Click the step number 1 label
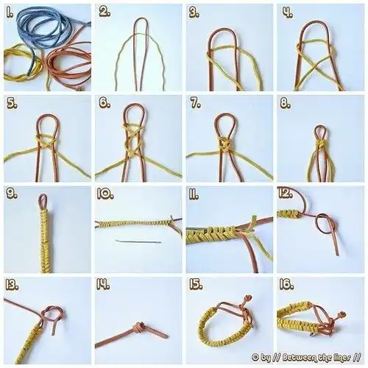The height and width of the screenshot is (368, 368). pos(10,13)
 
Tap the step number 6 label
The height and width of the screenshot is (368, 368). pos(105,103)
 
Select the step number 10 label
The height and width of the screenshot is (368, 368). pos(105,194)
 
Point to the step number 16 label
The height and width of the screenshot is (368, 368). pos(286,285)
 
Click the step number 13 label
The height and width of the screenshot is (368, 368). pos(12,286)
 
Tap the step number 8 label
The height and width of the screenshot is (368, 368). pos(286,104)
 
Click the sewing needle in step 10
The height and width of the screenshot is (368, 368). pos(138,241)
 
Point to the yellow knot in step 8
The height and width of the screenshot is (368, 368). pos(321,143)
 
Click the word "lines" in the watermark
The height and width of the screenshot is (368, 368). pos(342,357)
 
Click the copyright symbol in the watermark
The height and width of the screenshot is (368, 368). pos(255,358)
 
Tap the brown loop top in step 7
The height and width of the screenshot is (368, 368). pos(225,114)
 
